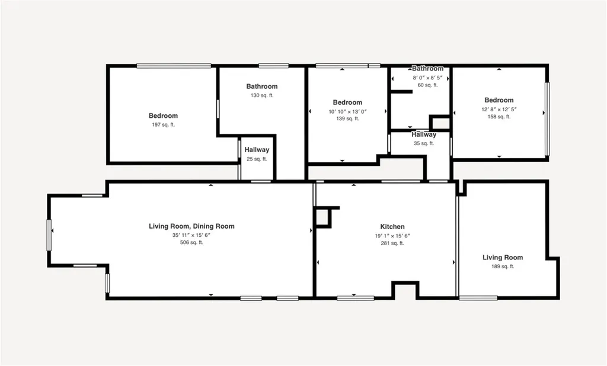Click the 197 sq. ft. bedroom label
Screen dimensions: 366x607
click(163, 115)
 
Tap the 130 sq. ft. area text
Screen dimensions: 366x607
click(262, 95)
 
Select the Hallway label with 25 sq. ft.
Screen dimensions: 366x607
click(257, 150)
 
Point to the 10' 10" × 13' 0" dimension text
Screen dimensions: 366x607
click(347, 111)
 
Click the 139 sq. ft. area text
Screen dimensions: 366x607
click(347, 118)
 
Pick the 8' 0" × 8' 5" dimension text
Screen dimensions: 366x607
click(427, 78)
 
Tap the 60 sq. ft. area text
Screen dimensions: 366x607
click(427, 85)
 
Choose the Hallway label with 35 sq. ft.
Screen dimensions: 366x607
click(424, 135)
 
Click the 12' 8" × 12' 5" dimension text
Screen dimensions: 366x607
click(499, 109)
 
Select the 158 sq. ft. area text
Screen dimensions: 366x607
click(499, 117)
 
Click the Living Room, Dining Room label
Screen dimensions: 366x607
click(191, 226)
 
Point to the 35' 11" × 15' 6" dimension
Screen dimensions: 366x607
click(191, 235)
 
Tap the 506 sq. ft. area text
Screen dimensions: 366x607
click(191, 242)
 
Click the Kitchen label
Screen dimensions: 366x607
click(392, 227)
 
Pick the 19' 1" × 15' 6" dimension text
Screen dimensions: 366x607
click(392, 236)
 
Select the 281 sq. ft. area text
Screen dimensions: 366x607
click(392, 243)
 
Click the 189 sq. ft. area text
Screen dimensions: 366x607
click(502, 267)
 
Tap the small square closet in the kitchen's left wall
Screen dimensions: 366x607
click(322, 217)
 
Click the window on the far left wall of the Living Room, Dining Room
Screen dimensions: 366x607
click(49, 235)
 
